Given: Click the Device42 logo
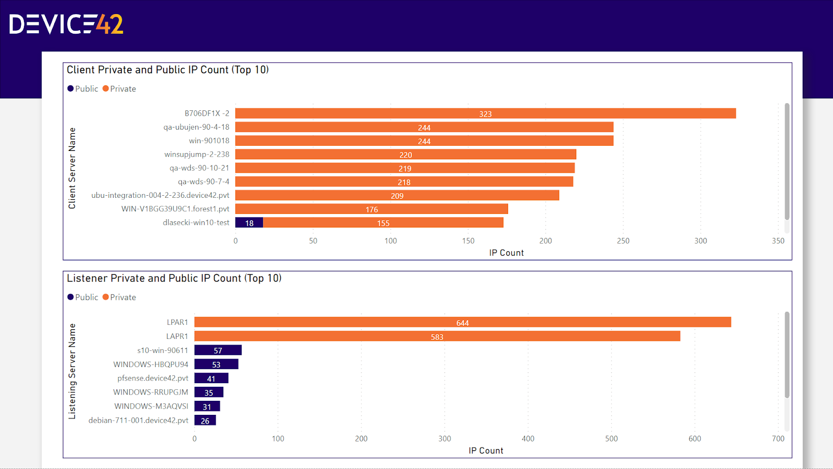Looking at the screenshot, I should [x=66, y=24].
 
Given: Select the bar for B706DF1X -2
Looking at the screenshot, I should [x=485, y=113].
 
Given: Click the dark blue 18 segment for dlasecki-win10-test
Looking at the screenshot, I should [x=249, y=223].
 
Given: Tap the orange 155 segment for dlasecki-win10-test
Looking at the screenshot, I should [x=383, y=223].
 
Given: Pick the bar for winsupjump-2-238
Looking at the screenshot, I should [x=406, y=155].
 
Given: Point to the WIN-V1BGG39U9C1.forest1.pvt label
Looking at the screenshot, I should [x=175, y=209].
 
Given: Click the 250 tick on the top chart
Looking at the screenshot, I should [x=623, y=241].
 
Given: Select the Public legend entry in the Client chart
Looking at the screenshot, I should [x=82, y=89].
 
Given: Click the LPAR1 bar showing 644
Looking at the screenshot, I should [x=462, y=323].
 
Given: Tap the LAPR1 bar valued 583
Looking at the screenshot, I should [x=437, y=337].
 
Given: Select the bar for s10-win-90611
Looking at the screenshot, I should [x=218, y=350].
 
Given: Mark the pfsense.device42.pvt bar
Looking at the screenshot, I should [x=211, y=378].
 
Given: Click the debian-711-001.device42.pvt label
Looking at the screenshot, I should [x=138, y=420].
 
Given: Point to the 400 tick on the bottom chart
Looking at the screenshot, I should [x=528, y=439].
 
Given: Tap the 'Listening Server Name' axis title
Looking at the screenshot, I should [x=72, y=371].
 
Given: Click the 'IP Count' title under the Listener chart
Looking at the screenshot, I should [x=486, y=451].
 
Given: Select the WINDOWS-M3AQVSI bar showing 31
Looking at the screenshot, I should [x=207, y=407].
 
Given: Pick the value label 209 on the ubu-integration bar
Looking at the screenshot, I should [x=397, y=196].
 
